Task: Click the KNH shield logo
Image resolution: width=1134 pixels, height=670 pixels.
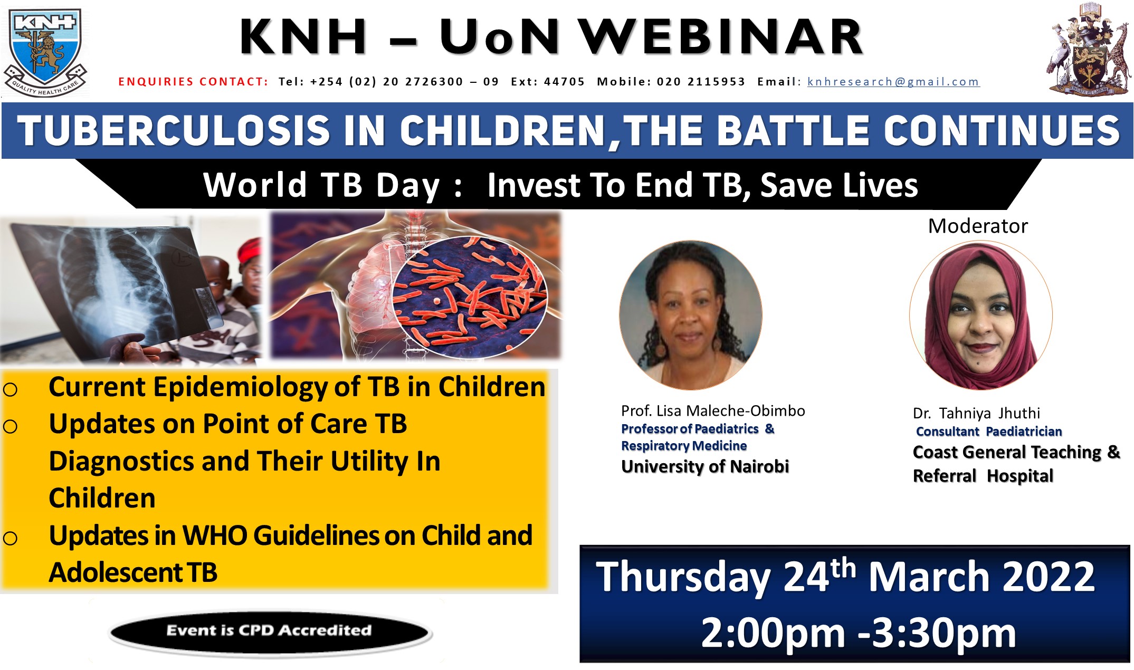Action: [x=45, y=53]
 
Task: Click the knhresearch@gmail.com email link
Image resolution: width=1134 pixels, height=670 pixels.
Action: [x=893, y=82]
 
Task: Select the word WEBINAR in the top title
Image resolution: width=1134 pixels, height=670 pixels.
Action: [x=721, y=37]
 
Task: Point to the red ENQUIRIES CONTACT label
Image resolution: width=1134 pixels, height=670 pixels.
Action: [x=193, y=82]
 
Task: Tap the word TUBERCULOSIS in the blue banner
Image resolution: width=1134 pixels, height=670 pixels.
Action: [x=174, y=131]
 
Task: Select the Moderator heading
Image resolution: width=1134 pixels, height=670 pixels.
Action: [x=978, y=226]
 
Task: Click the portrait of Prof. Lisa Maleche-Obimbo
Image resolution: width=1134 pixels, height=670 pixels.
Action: [x=691, y=315]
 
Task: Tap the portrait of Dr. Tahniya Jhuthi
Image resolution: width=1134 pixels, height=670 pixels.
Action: [x=981, y=315]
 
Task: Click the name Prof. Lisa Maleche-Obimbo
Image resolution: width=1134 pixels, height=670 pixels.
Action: [x=713, y=411]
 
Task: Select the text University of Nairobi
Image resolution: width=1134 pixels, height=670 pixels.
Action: [x=705, y=466]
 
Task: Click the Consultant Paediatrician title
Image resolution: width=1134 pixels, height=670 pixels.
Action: [x=989, y=432]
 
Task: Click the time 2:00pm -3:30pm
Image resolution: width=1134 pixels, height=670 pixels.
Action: [x=858, y=633]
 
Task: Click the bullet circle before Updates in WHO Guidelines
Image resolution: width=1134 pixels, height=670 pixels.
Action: [x=10, y=538]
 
